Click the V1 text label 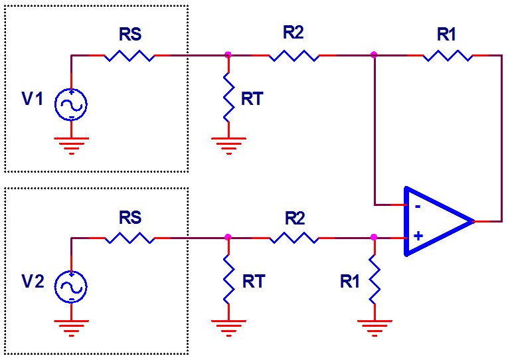pyautogui.click(x=33, y=100)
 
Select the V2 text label pyautogui.click(x=33, y=281)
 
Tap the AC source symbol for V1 pyautogui.click(x=71, y=104)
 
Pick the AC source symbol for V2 pyautogui.click(x=71, y=286)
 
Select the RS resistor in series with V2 pyautogui.click(x=129, y=237)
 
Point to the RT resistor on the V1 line pyautogui.click(x=228, y=98)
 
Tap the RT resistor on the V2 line pyautogui.click(x=228, y=280)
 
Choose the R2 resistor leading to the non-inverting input pyautogui.click(x=294, y=237)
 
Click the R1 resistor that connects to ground pyautogui.click(x=374, y=280)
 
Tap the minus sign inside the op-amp pyautogui.click(x=417, y=205)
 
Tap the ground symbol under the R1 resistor pyautogui.click(x=374, y=325)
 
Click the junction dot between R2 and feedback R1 pyautogui.click(x=374, y=55)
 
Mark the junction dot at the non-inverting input pyautogui.click(x=374, y=236)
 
